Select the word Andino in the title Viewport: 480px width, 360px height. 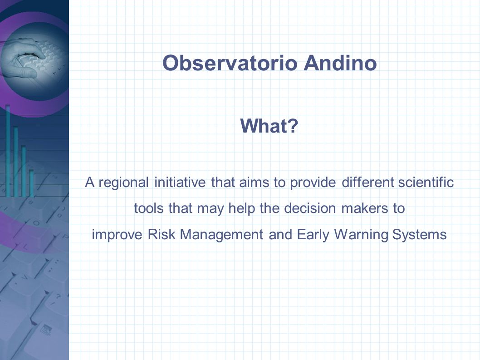340,63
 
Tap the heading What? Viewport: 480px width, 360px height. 269,126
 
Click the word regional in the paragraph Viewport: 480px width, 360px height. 124,183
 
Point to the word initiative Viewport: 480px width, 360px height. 180,182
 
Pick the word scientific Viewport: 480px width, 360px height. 426,182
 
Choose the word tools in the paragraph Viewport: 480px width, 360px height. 149,208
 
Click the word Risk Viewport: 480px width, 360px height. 161,234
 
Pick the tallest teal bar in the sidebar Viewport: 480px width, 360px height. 8,151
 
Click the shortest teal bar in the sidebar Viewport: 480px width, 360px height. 31,183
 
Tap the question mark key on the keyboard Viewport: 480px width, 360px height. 57,298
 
